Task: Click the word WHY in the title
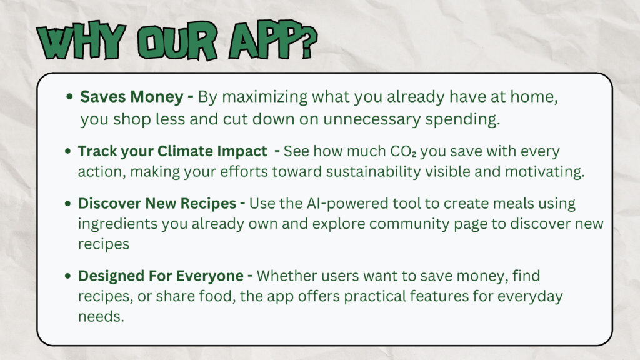(81, 41)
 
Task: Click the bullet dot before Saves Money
(69, 97)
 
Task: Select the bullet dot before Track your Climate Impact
(67, 151)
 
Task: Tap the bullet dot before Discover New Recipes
(67, 203)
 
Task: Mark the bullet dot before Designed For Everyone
(67, 276)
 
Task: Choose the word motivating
(545, 172)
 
